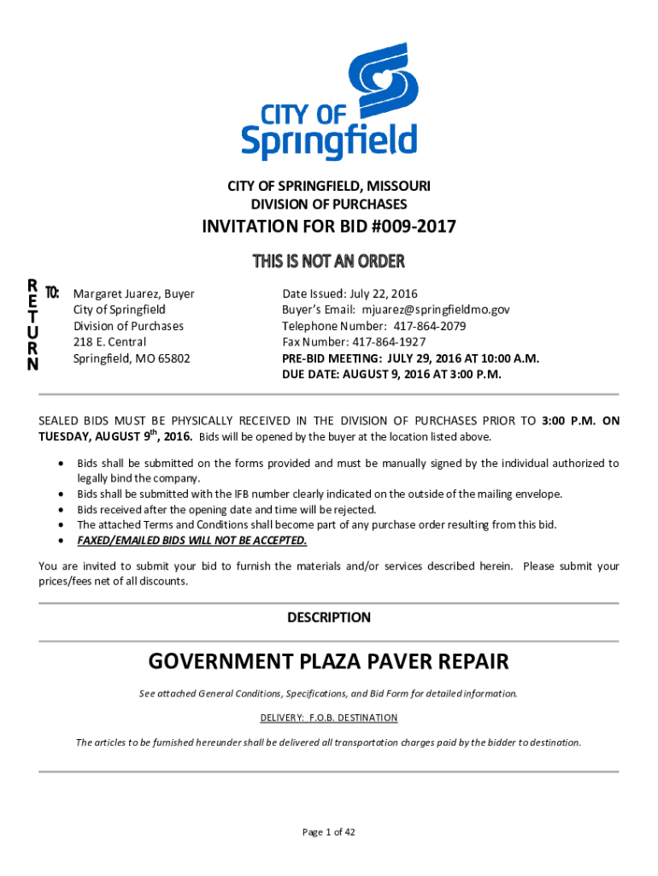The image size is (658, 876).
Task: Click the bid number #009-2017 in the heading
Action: click(414, 227)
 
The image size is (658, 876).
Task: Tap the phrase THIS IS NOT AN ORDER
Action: click(328, 261)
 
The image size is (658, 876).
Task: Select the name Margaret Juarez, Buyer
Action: click(133, 293)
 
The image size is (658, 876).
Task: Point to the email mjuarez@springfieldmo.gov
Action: click(435, 310)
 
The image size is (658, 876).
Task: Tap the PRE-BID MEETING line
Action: click(410, 358)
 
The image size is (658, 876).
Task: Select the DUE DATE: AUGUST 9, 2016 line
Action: click(391, 375)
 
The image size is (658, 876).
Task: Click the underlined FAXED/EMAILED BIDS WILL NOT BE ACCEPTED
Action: click(191, 541)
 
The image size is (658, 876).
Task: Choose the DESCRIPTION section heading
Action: click(328, 618)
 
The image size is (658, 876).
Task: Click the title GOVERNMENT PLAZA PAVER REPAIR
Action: click(328, 661)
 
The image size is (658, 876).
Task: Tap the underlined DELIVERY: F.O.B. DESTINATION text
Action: click(328, 718)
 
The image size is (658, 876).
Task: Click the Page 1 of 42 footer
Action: click(328, 832)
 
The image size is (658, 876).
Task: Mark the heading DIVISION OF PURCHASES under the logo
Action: click(328, 204)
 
